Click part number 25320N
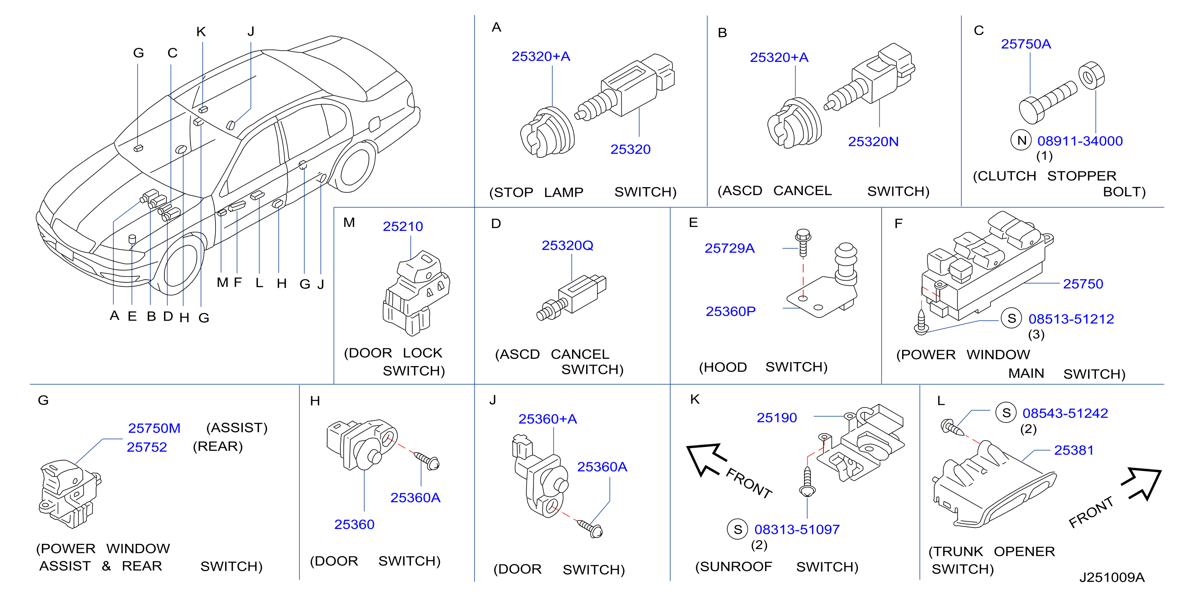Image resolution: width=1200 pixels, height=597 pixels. click(x=873, y=141)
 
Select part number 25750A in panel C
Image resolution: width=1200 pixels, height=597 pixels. click(x=1026, y=44)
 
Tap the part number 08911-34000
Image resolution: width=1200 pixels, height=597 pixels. click(x=1080, y=141)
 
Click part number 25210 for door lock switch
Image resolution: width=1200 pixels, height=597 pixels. click(x=402, y=226)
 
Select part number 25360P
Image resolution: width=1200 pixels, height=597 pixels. click(x=730, y=311)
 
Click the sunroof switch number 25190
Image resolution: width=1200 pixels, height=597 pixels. click(x=777, y=418)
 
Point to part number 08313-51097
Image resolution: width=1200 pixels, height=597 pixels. click(x=797, y=529)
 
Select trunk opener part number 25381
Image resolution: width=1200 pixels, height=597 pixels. click(x=1074, y=450)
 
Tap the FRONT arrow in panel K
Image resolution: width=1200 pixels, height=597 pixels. click(x=706, y=459)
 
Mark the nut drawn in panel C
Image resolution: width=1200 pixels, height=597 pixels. click(x=1091, y=76)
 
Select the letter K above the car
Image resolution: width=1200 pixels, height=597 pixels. click(x=201, y=32)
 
